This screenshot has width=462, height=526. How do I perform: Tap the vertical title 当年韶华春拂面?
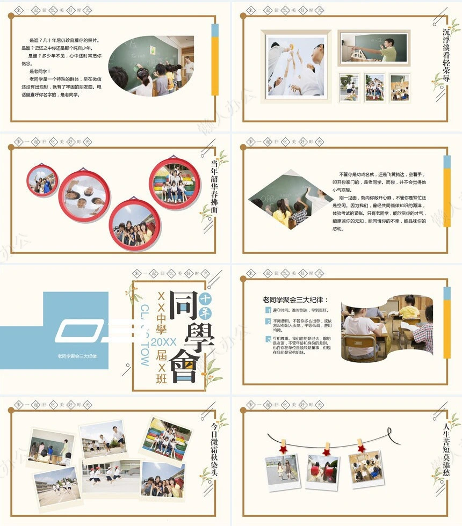pyautogui.click(x=213, y=186)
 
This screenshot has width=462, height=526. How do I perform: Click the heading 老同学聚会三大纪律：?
pyautogui.click(x=295, y=300)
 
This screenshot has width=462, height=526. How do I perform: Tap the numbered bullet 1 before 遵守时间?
pyautogui.click(x=268, y=310)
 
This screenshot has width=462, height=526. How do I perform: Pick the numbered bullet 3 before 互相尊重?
pyautogui.click(x=268, y=339)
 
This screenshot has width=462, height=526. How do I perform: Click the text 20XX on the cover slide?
pyautogui.click(x=164, y=341)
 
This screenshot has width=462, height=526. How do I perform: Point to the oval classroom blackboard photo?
pyautogui.click(x=151, y=66)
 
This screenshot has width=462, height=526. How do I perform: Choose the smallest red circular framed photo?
pyautogui.click(x=42, y=181)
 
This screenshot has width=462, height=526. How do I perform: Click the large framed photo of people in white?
pyautogui.click(x=296, y=65)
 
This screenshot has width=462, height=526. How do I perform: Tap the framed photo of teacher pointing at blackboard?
pyautogui.click(x=374, y=48)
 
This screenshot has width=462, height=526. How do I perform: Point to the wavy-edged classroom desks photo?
pyautogui.click(x=387, y=326)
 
